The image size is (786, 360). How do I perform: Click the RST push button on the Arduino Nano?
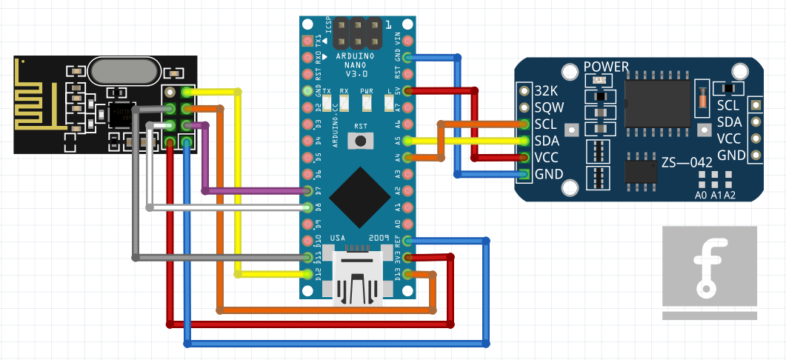click(x=361, y=140)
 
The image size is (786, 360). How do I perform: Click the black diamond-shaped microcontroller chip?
click(x=360, y=197)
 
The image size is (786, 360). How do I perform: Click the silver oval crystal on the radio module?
click(x=124, y=71)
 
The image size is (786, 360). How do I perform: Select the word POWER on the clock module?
click(x=606, y=67)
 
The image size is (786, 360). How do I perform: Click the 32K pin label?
click(x=548, y=90)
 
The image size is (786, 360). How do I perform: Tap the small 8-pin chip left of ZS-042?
click(x=639, y=169)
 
